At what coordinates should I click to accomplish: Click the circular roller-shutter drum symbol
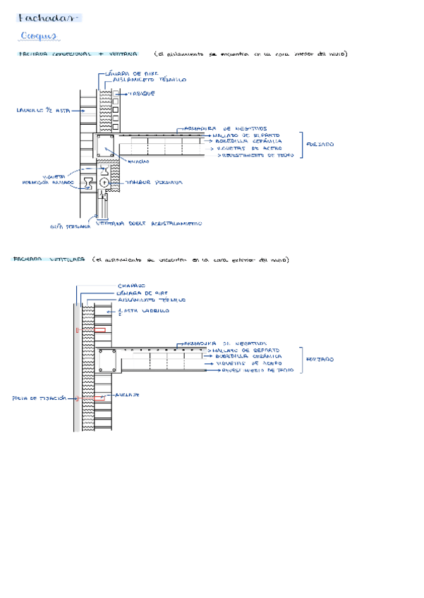(104, 182)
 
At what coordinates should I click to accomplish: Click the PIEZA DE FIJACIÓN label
(40, 398)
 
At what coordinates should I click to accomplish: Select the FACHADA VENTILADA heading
(49, 260)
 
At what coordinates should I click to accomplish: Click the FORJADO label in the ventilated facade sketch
(321, 359)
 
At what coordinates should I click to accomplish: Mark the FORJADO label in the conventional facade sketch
(321, 144)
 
